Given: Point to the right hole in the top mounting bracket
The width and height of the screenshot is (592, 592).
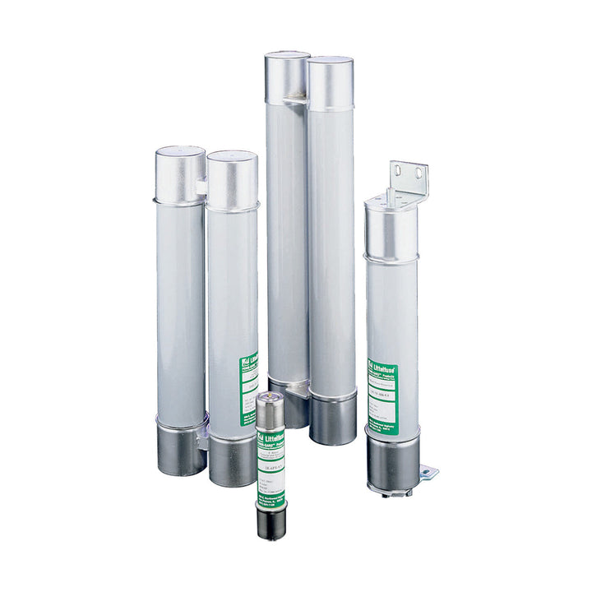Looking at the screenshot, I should [x=418, y=173].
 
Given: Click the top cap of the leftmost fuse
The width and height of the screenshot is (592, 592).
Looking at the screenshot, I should [x=179, y=173].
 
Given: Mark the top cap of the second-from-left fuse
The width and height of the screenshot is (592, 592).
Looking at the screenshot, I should [x=232, y=178].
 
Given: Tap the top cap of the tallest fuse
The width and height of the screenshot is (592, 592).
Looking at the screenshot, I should [x=287, y=78].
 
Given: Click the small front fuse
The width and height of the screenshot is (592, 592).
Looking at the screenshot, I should [x=271, y=465].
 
